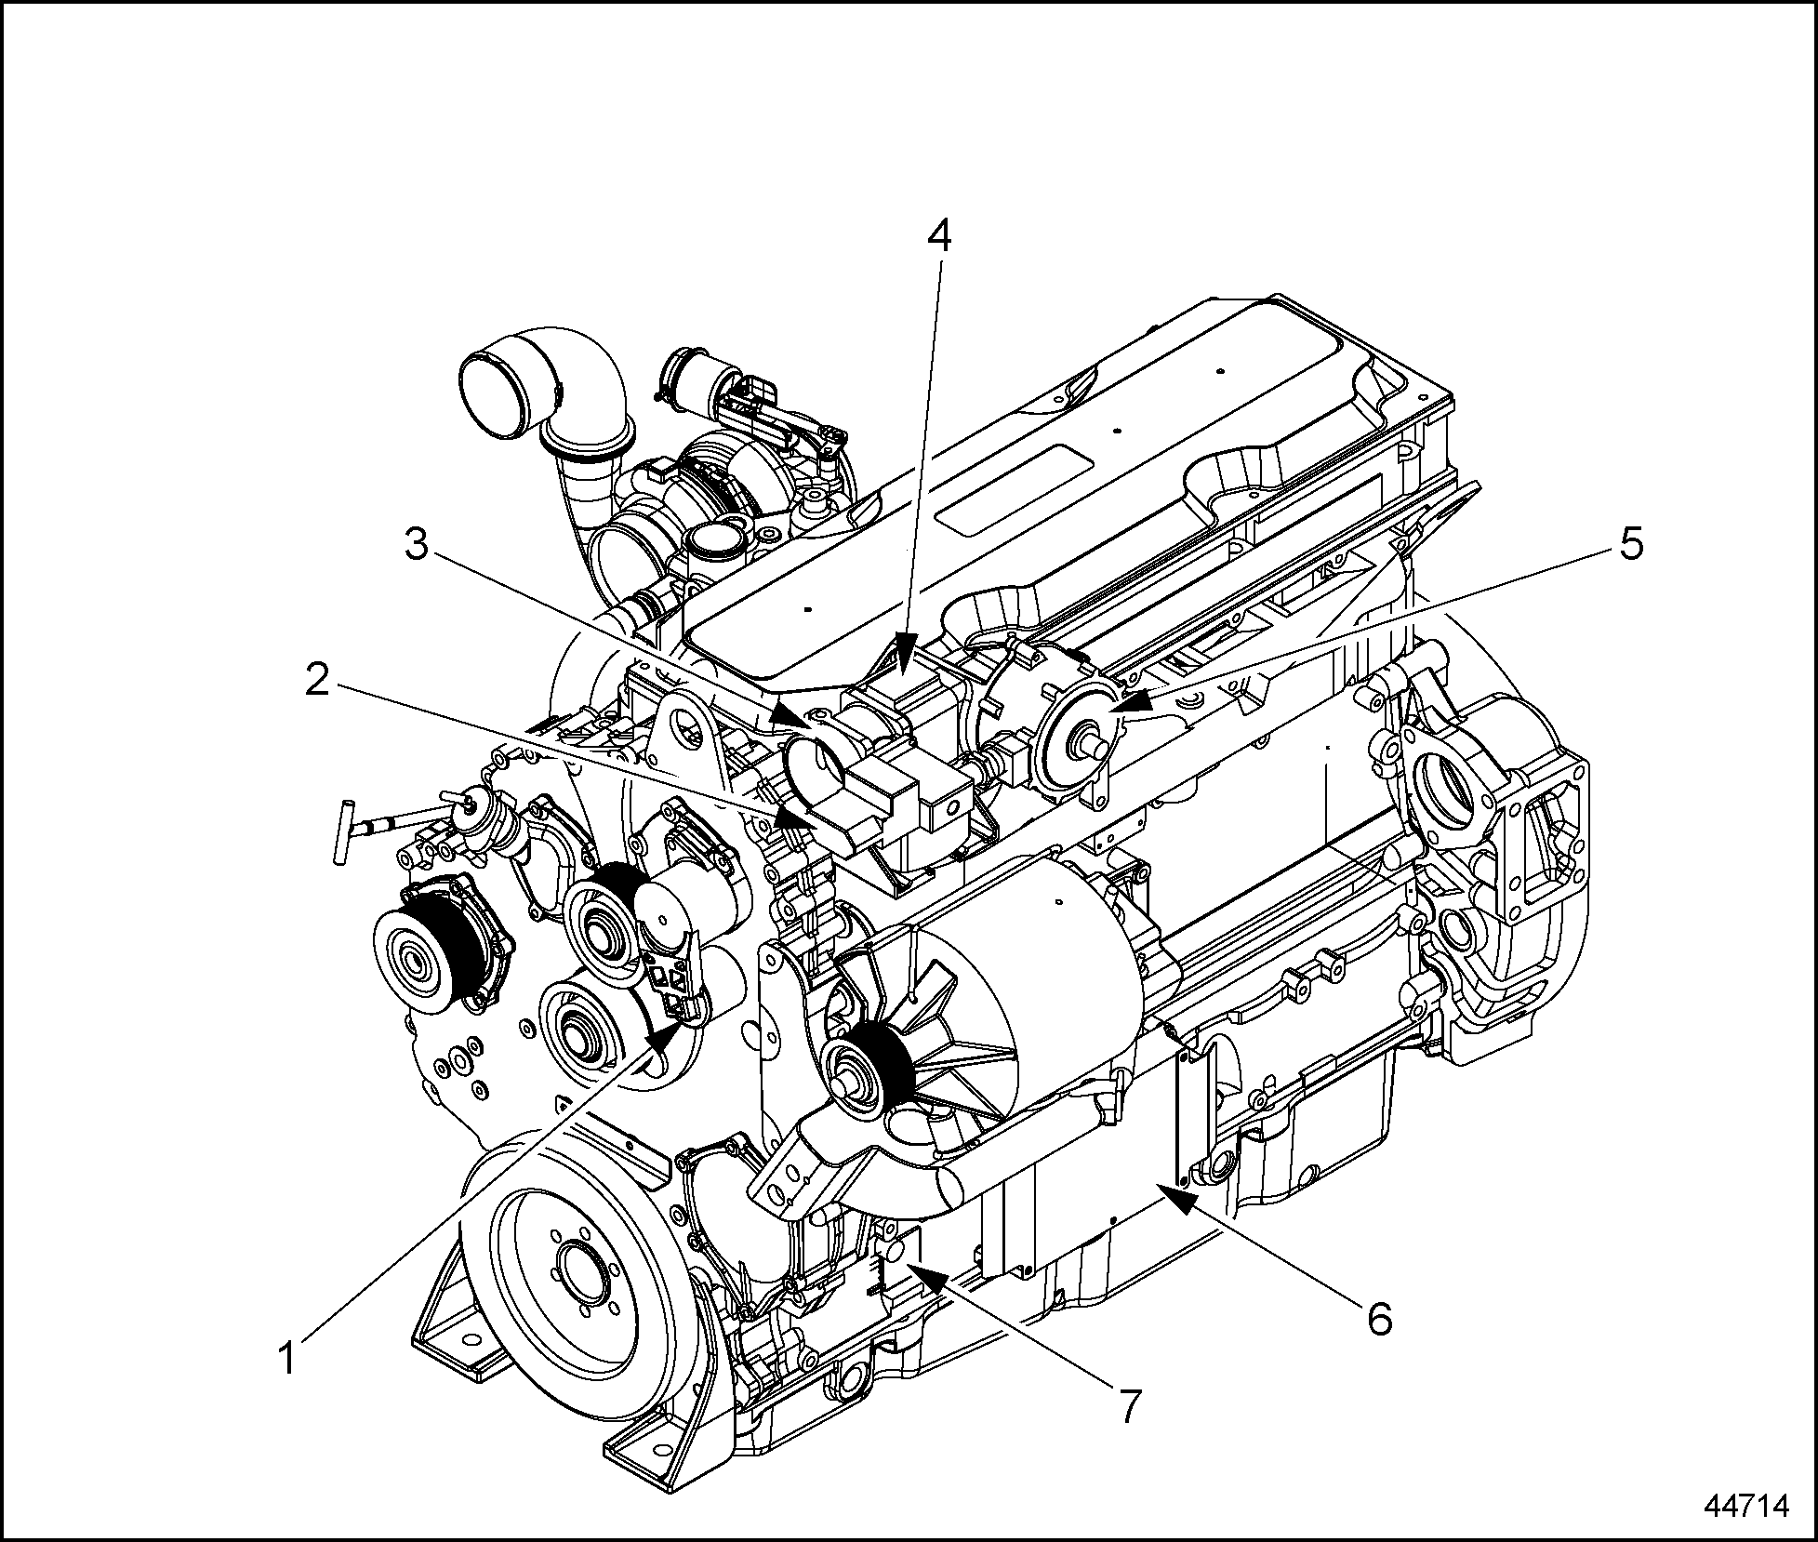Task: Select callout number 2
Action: click(317, 680)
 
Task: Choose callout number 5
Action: click(1632, 542)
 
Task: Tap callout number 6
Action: click(1379, 1318)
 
